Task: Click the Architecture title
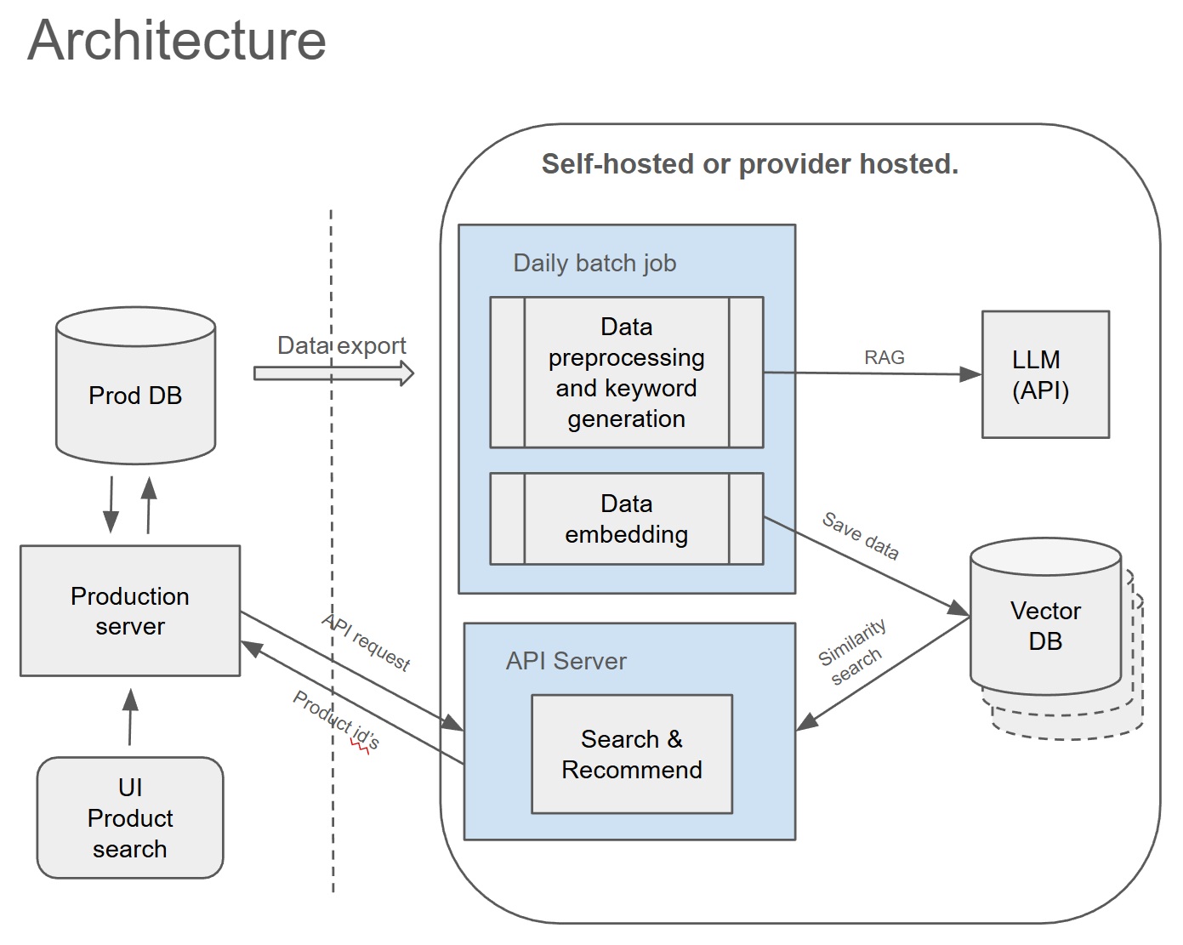(x=177, y=40)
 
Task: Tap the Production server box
(x=130, y=611)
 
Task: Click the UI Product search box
(x=130, y=817)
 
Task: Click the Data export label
(x=341, y=345)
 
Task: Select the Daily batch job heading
(x=594, y=263)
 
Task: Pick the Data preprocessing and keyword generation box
(x=626, y=373)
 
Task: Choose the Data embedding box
(x=626, y=519)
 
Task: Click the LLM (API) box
(x=1045, y=374)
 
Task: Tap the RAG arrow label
(x=884, y=357)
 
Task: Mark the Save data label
(x=860, y=536)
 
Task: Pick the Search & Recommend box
(x=631, y=754)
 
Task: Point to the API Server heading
(x=566, y=661)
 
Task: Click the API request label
(x=367, y=642)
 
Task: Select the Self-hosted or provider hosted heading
(x=749, y=163)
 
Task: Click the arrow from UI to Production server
(x=130, y=717)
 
